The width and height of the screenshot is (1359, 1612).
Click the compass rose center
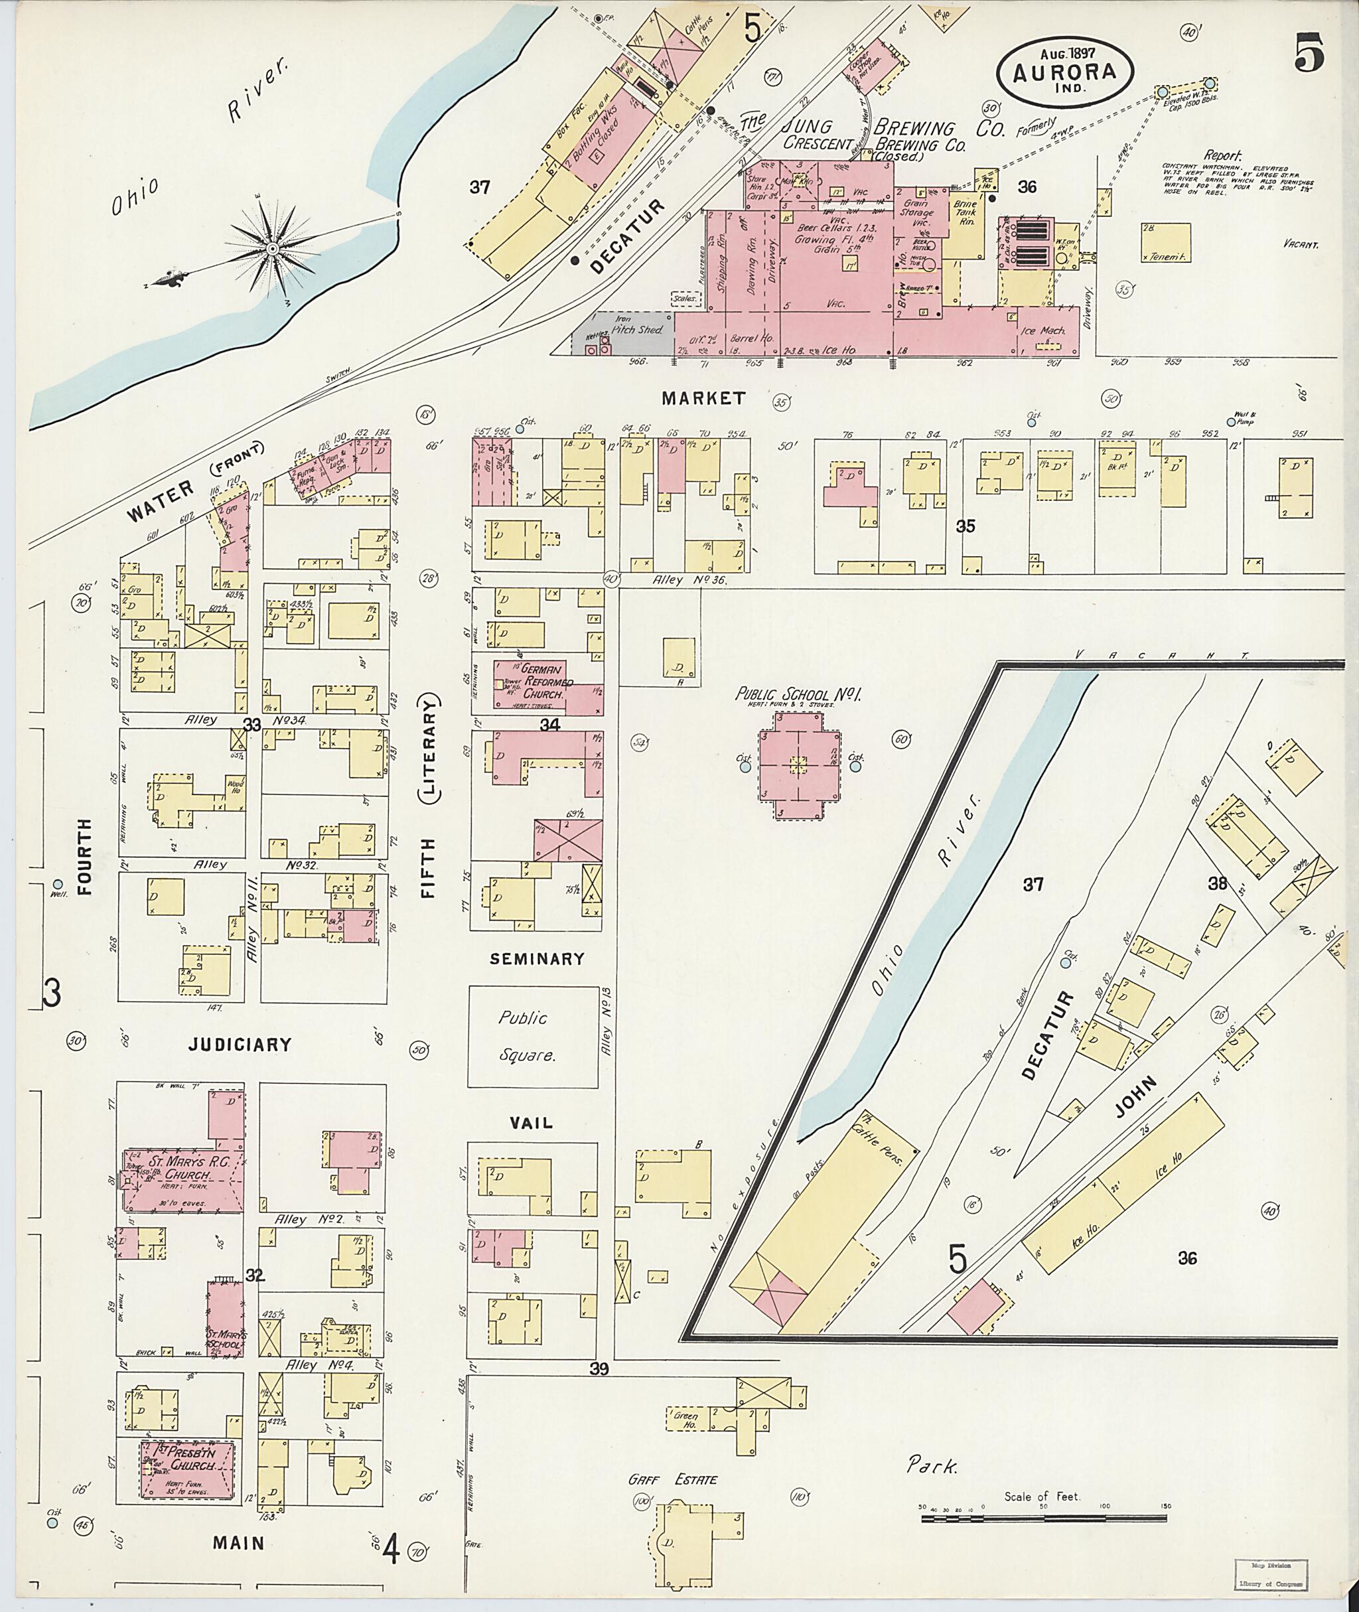click(x=272, y=249)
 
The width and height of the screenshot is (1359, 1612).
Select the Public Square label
click(x=527, y=1037)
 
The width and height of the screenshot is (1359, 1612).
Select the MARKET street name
click(x=703, y=398)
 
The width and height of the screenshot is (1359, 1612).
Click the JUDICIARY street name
click(x=240, y=1045)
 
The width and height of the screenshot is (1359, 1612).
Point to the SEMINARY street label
click(x=537, y=960)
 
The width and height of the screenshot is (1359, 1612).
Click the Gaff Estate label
click(x=673, y=1479)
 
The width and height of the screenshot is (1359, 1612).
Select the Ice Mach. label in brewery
click(x=1045, y=330)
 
